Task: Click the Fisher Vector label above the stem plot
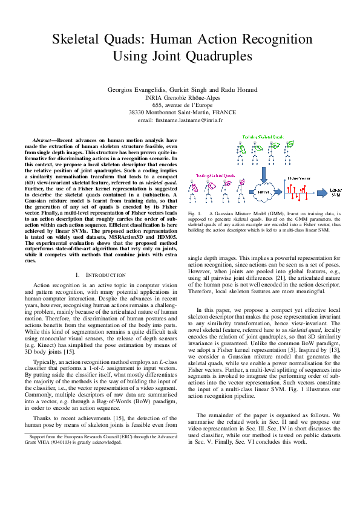[299, 179]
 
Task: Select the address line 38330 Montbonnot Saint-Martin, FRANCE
[180, 112]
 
